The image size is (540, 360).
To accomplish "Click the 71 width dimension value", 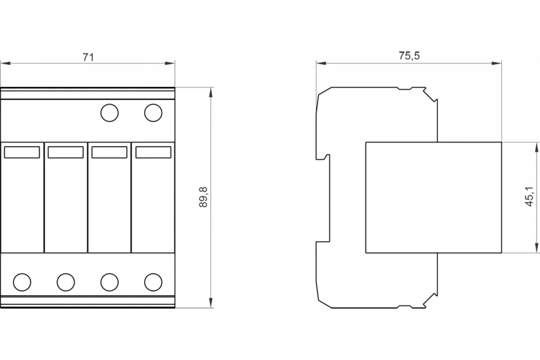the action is coord(88,57).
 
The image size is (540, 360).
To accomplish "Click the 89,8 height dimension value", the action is coord(203,197).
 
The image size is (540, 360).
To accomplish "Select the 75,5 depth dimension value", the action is coord(409,56).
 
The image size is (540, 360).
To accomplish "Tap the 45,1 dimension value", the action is coord(529,197).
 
